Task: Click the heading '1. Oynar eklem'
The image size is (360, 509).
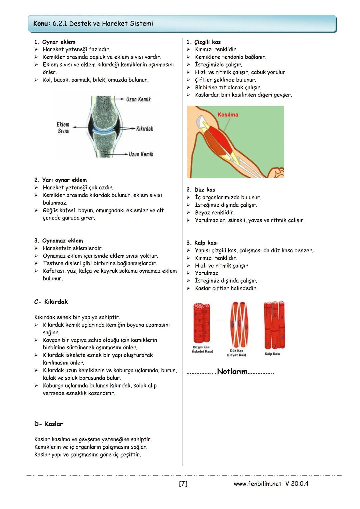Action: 55,42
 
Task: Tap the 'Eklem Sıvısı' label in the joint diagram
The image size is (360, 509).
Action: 63,128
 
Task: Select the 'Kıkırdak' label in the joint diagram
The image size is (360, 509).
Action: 144,129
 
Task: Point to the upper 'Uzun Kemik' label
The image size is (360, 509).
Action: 138,99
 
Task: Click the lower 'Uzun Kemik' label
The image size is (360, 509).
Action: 141,154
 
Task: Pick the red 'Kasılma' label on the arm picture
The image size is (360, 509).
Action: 228,115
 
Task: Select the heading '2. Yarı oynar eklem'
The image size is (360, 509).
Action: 60,180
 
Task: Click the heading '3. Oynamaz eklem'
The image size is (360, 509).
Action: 59,241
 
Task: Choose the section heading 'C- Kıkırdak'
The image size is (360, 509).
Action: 51,302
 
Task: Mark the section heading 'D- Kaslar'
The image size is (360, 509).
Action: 48,424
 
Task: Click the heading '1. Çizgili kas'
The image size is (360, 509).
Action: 203,42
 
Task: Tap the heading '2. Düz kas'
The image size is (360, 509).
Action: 201,190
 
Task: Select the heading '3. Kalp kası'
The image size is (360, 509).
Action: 202,243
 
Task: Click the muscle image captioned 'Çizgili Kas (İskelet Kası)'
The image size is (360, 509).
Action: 202,323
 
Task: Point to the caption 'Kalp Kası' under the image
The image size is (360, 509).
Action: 272,354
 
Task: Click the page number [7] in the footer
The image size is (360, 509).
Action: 183,484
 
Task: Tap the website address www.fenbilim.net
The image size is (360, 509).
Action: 257,484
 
